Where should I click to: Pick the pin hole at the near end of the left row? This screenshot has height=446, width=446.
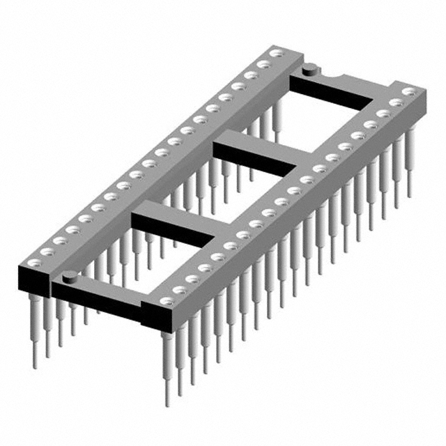click(36, 263)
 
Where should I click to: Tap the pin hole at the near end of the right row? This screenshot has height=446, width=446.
click(166, 300)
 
